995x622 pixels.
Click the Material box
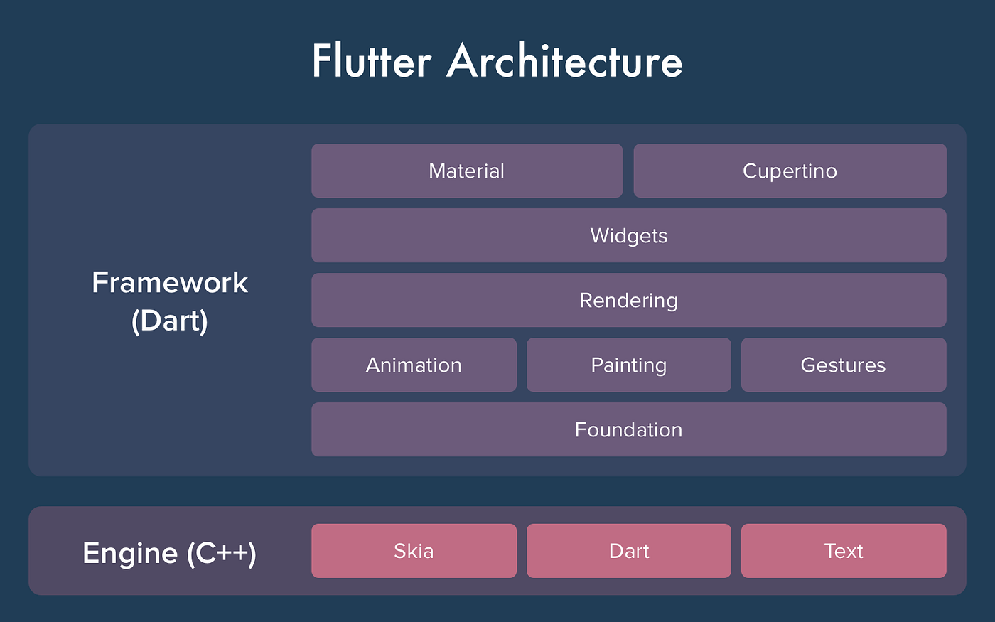[x=467, y=171]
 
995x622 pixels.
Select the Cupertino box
[x=790, y=171]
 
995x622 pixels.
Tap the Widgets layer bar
[x=628, y=235]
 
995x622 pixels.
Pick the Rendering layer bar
[x=628, y=300]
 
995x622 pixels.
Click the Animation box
[x=414, y=365]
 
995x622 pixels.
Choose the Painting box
[x=628, y=365]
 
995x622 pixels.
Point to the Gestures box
[x=843, y=365]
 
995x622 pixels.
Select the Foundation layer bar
[x=628, y=429]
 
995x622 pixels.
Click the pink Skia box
[x=414, y=551]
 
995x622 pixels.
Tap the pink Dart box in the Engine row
[x=628, y=551]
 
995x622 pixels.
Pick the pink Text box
[x=843, y=551]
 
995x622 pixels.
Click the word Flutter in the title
[x=371, y=61]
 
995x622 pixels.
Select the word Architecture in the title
[x=565, y=61]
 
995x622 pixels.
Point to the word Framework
[x=170, y=283]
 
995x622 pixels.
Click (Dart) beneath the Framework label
[x=170, y=321]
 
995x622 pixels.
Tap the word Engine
[x=130, y=553]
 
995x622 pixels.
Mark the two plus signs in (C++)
[x=232, y=554]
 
